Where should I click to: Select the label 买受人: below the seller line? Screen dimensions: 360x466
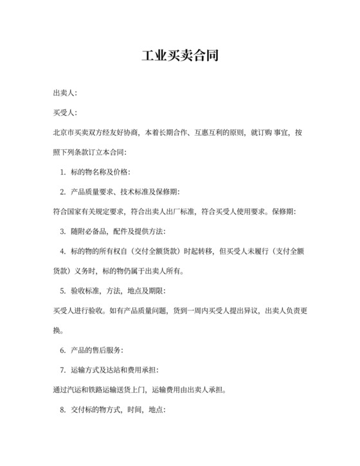pyautogui.click(x=65, y=113)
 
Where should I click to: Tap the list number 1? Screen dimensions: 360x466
pyautogui.click(x=62, y=172)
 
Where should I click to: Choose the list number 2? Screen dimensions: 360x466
pyautogui.click(x=62, y=192)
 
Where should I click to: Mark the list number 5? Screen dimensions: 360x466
pyautogui.click(x=62, y=291)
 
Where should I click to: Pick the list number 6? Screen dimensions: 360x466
pyautogui.click(x=62, y=350)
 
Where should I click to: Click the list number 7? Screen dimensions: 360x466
pyautogui.click(x=62, y=370)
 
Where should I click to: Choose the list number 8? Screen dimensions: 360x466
pyautogui.click(x=62, y=409)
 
